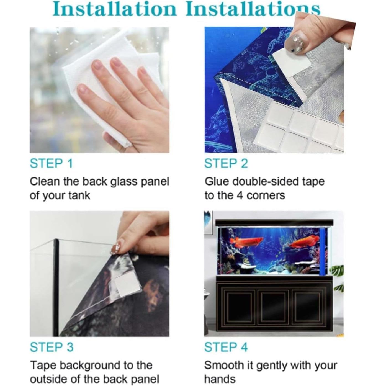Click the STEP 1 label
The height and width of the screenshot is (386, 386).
51,164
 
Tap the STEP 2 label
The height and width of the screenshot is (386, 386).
226,164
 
